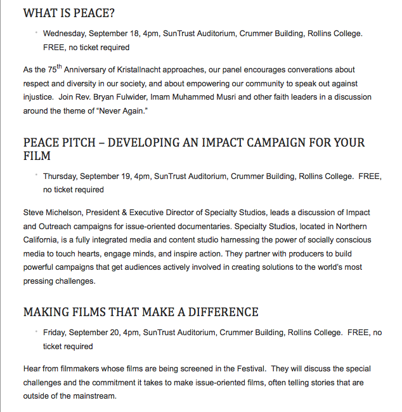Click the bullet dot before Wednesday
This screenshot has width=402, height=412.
[x=37, y=31]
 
